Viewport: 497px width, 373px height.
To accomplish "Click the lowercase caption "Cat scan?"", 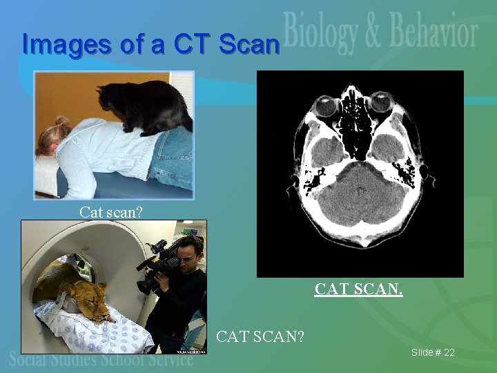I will click(x=111, y=211).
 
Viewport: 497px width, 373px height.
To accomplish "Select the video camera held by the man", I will click(x=156, y=266).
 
